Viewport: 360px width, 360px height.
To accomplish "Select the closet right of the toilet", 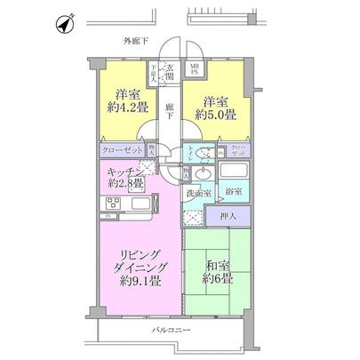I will pyautogui.click(x=237, y=151).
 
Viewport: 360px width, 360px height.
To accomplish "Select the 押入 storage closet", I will pyautogui.click(x=228, y=216).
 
